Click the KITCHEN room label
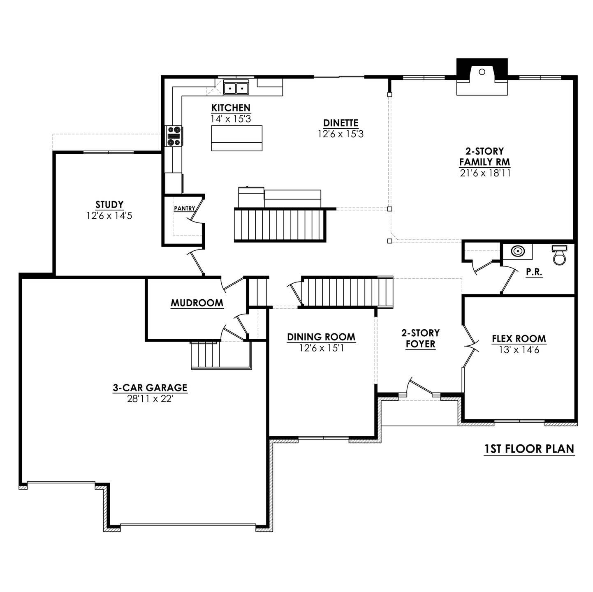tap(231, 108)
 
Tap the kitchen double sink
tap(236, 88)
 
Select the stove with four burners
tap(174, 136)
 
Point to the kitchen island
tap(236, 138)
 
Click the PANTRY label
tap(184, 208)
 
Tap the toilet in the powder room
tap(559, 255)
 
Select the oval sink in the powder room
tap(518, 251)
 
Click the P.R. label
tap(534, 272)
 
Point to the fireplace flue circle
tap(482, 72)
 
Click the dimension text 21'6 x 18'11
tap(485, 173)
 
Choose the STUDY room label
tap(109, 205)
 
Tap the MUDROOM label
tap(197, 303)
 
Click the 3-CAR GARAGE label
tap(150, 388)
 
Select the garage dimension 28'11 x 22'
tap(150, 399)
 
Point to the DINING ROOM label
tap(321, 337)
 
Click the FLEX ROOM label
tap(519, 339)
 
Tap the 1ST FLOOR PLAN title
tap(529, 449)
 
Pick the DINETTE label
tap(341, 123)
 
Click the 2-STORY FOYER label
tap(420, 338)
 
